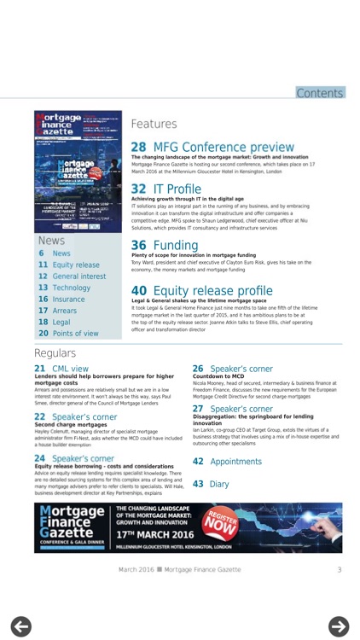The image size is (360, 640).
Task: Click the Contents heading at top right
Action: click(320, 93)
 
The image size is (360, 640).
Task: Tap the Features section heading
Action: click(154, 124)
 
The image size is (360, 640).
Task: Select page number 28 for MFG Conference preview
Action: click(138, 147)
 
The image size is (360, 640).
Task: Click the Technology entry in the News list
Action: click(71, 288)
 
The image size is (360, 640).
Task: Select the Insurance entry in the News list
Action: click(68, 300)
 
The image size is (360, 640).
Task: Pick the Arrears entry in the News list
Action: click(65, 311)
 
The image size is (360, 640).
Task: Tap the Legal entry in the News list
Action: click(61, 323)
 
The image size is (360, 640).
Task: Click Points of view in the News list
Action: click(75, 334)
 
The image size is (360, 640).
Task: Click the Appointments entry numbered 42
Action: click(235, 461)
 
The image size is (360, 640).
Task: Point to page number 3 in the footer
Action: click(339, 569)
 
